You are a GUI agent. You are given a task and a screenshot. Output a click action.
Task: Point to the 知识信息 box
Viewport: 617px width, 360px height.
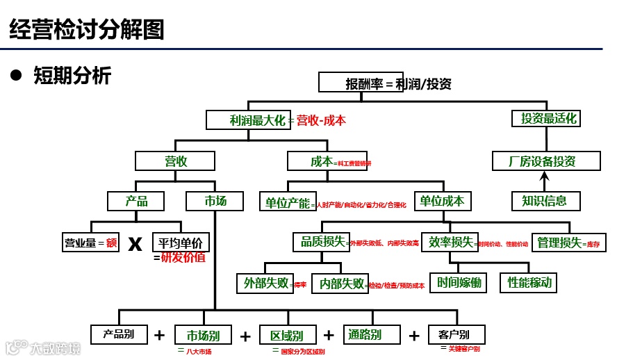(544, 201)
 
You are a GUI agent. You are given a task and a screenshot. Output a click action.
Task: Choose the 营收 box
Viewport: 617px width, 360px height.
(176, 161)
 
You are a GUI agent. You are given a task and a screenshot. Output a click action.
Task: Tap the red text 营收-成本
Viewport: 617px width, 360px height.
(321, 120)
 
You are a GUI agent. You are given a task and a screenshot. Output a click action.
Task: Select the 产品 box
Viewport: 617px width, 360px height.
(136, 201)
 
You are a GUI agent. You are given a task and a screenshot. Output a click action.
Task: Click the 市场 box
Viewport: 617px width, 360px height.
(215, 201)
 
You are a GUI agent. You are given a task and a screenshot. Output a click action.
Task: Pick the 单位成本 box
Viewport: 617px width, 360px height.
(442, 201)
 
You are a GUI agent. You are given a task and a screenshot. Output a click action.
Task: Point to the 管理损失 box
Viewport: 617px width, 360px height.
(559, 243)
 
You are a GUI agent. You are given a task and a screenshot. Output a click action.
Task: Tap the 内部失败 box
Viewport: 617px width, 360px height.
(341, 284)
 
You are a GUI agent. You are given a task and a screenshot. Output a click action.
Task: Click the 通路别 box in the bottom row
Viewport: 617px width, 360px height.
(364, 334)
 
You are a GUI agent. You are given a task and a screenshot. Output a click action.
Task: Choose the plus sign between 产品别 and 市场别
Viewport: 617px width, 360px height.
(159, 336)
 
